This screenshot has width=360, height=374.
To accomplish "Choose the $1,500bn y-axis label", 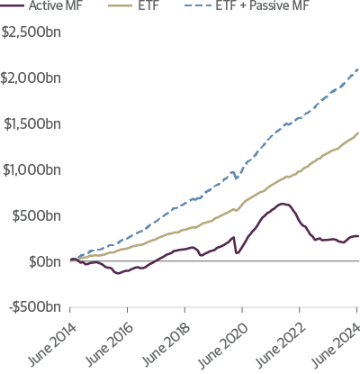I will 32,123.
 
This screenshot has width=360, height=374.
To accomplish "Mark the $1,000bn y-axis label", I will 32,169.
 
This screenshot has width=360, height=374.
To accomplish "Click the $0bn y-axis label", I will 44,261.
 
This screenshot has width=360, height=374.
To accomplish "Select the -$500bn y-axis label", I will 36,307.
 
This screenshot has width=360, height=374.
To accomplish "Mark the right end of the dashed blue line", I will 358,68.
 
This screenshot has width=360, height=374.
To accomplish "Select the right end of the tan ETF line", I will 358,132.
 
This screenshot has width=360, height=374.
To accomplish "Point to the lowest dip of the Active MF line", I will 117,272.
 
